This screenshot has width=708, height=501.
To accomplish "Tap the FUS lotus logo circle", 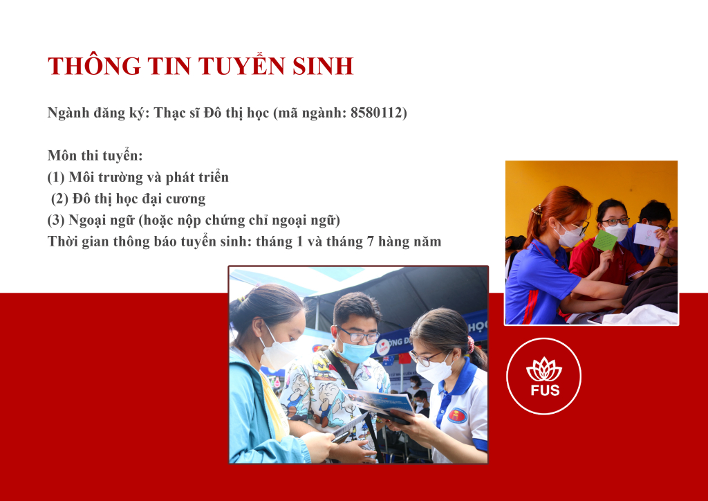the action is coord(543,376).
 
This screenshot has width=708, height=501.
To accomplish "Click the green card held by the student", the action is coord(604,240).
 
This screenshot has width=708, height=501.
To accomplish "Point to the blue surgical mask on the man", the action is coord(357,351).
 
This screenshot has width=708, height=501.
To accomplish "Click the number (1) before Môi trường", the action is coord(56,177).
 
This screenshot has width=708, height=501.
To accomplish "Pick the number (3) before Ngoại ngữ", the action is coord(56,220).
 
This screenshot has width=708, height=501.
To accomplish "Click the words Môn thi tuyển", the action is coord(95,156).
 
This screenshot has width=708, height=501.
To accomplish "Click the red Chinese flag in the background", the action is coord(404,358).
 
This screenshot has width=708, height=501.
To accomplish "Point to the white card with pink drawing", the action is coord(646,235).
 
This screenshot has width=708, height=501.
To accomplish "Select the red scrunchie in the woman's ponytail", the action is coord(470,344).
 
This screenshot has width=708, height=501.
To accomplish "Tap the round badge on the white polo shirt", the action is coord(457,415).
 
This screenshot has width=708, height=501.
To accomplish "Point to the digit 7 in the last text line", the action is coord(371,242).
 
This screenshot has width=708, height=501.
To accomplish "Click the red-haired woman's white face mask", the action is coord(570,236).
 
